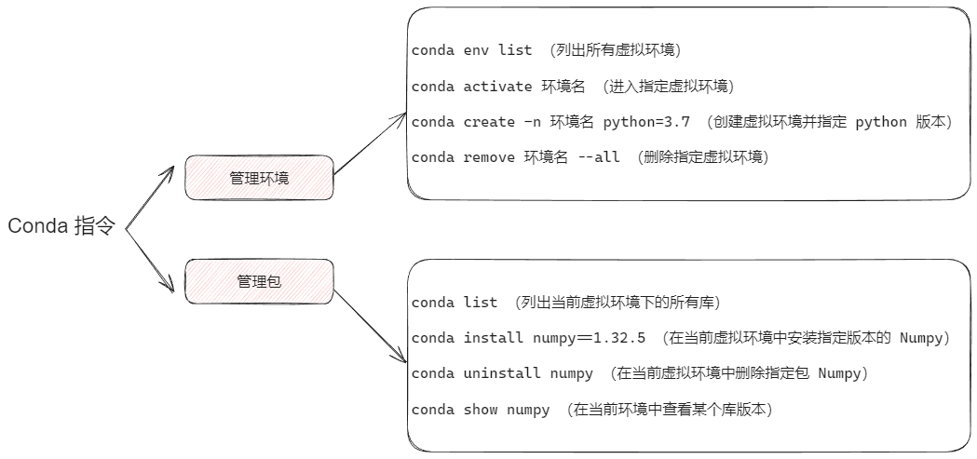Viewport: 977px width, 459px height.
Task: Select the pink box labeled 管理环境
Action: pos(259,178)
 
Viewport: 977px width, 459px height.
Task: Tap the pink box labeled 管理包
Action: pos(259,281)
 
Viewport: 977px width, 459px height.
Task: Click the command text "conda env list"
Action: pos(471,50)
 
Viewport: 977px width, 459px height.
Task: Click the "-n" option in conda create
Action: pos(532,122)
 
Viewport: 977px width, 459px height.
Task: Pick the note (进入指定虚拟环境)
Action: pos(668,87)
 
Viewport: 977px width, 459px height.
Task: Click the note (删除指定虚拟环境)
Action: pos(702,157)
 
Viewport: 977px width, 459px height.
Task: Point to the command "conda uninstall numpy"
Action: pos(502,373)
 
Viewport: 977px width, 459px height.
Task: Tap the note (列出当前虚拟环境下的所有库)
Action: pos(617,303)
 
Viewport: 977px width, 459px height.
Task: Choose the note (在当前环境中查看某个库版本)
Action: pos(670,409)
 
